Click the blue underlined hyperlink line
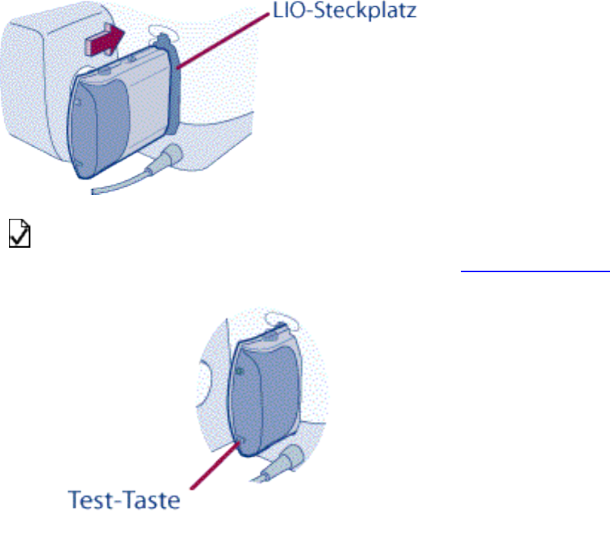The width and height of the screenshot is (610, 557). click(534, 271)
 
